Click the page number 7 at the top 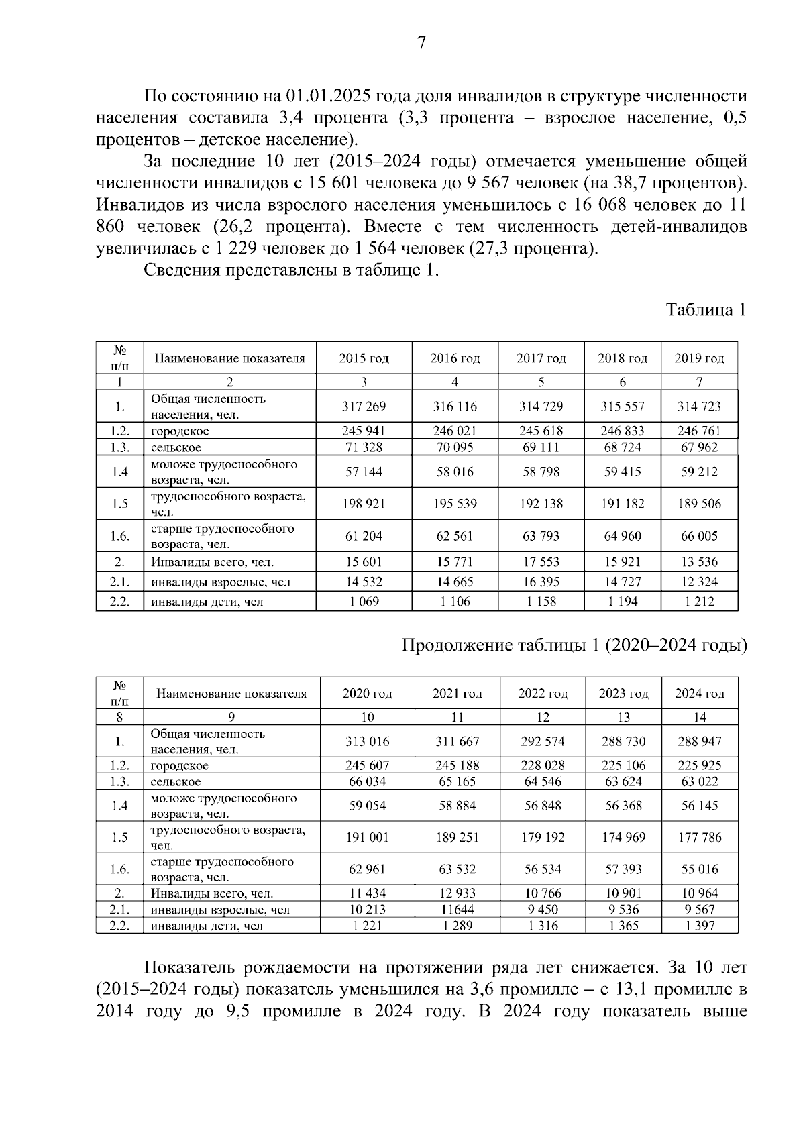(x=421, y=44)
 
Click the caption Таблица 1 (x=706, y=310)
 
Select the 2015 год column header (x=364, y=358)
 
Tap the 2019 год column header (x=699, y=358)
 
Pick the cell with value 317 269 (x=364, y=406)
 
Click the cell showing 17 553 (x=541, y=562)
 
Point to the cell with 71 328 (x=364, y=447)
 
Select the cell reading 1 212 (x=699, y=602)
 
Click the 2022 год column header (x=543, y=694)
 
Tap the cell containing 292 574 (x=543, y=741)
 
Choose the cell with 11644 (x=457, y=910)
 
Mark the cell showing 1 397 (x=700, y=926)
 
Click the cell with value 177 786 (x=700, y=837)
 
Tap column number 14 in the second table (x=700, y=717)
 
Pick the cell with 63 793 (x=541, y=536)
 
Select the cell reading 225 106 (x=624, y=765)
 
